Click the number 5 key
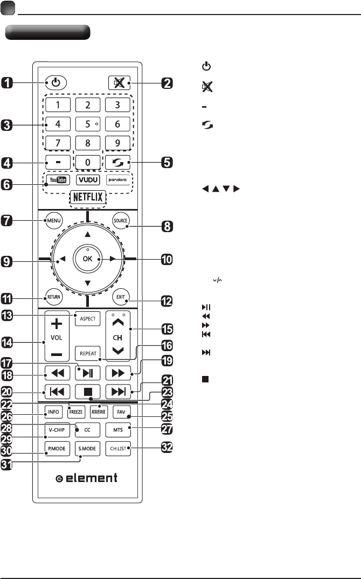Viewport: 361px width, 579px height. pos(87,123)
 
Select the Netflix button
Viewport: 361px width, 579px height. pos(87,198)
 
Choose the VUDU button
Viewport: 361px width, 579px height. pos(87,179)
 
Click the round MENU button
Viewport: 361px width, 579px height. pos(54,220)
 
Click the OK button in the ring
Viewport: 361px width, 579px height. pos(87,259)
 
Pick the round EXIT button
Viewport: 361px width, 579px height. pos(119,296)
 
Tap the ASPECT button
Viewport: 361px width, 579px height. pos(87,319)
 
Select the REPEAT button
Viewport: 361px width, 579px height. pos(87,353)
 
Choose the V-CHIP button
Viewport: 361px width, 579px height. pos(54,431)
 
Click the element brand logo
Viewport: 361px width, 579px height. pos(87,478)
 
